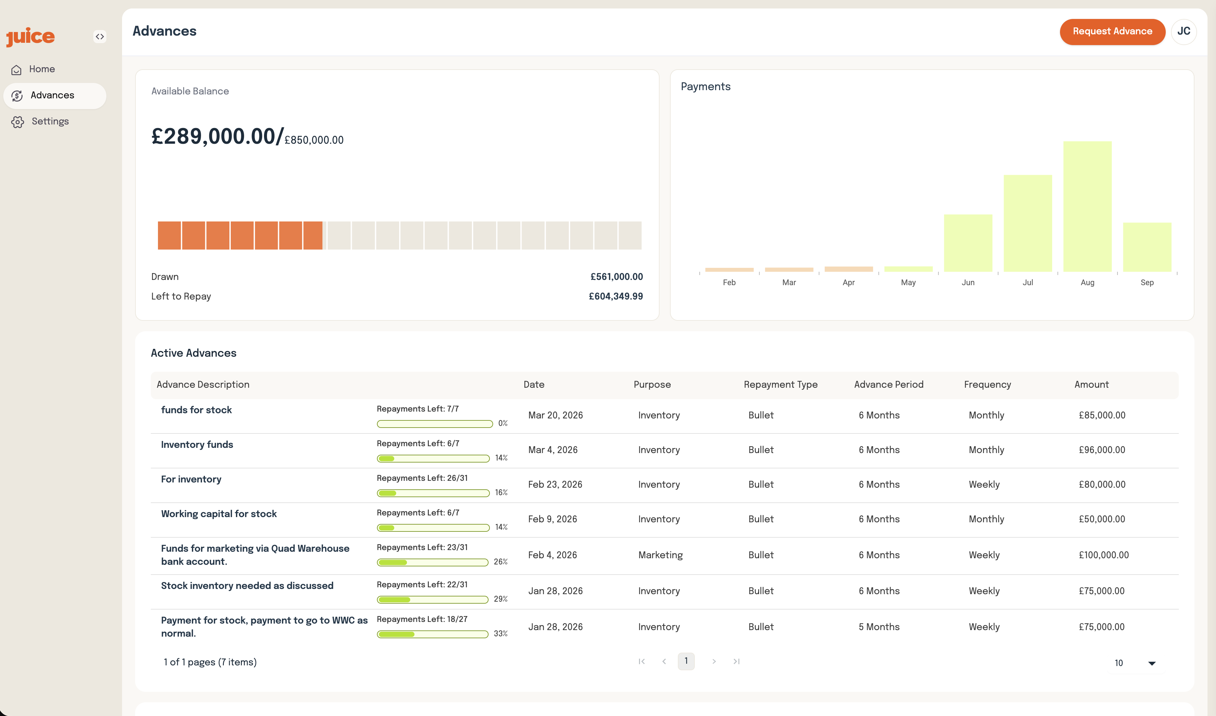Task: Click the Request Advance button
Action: [x=1112, y=31]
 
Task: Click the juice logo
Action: [x=30, y=37]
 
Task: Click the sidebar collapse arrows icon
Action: [x=100, y=37]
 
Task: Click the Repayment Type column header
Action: [x=780, y=385]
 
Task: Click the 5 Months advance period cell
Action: [x=879, y=627]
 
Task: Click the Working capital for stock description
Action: [x=219, y=514]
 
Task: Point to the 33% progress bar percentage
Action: [x=500, y=634]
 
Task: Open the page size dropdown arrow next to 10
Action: [x=1151, y=663]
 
